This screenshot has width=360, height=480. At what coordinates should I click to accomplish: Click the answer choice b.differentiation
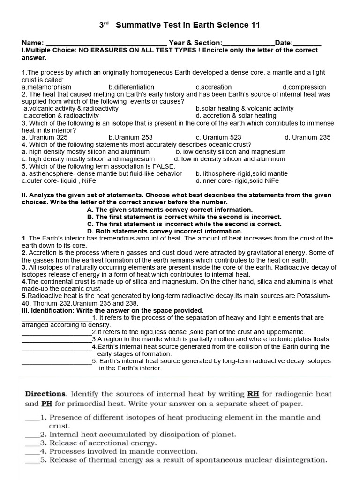131,87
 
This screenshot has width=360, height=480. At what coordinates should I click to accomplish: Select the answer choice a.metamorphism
46,87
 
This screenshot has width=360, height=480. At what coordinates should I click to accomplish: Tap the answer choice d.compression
304,87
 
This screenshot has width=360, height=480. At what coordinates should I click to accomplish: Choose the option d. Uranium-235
307,137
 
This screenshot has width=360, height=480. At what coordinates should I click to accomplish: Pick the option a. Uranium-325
45,137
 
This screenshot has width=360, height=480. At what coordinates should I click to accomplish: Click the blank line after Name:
106,43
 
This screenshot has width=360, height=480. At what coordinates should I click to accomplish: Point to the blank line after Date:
307,43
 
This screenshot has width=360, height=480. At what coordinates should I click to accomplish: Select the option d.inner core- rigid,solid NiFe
237,180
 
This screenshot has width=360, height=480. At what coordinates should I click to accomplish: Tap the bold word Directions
45,394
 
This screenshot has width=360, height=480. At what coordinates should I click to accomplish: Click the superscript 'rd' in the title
105,22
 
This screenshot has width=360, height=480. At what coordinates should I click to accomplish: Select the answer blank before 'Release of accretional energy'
32,443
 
